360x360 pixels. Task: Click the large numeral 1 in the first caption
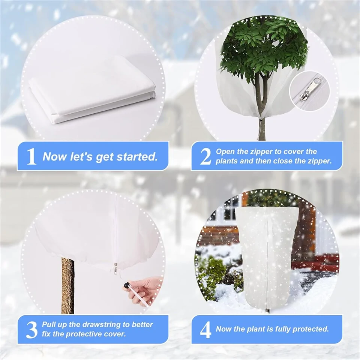pos(31,156)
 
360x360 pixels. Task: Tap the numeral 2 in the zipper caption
pos(205,156)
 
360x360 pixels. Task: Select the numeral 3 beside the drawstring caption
pos(31,330)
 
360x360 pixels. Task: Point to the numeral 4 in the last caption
pos(205,330)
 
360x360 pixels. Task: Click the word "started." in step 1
pos(137,157)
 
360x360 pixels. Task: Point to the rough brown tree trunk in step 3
pos(68,285)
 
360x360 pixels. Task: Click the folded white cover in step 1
pos(92,90)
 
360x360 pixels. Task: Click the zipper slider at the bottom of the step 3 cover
pos(115,268)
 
